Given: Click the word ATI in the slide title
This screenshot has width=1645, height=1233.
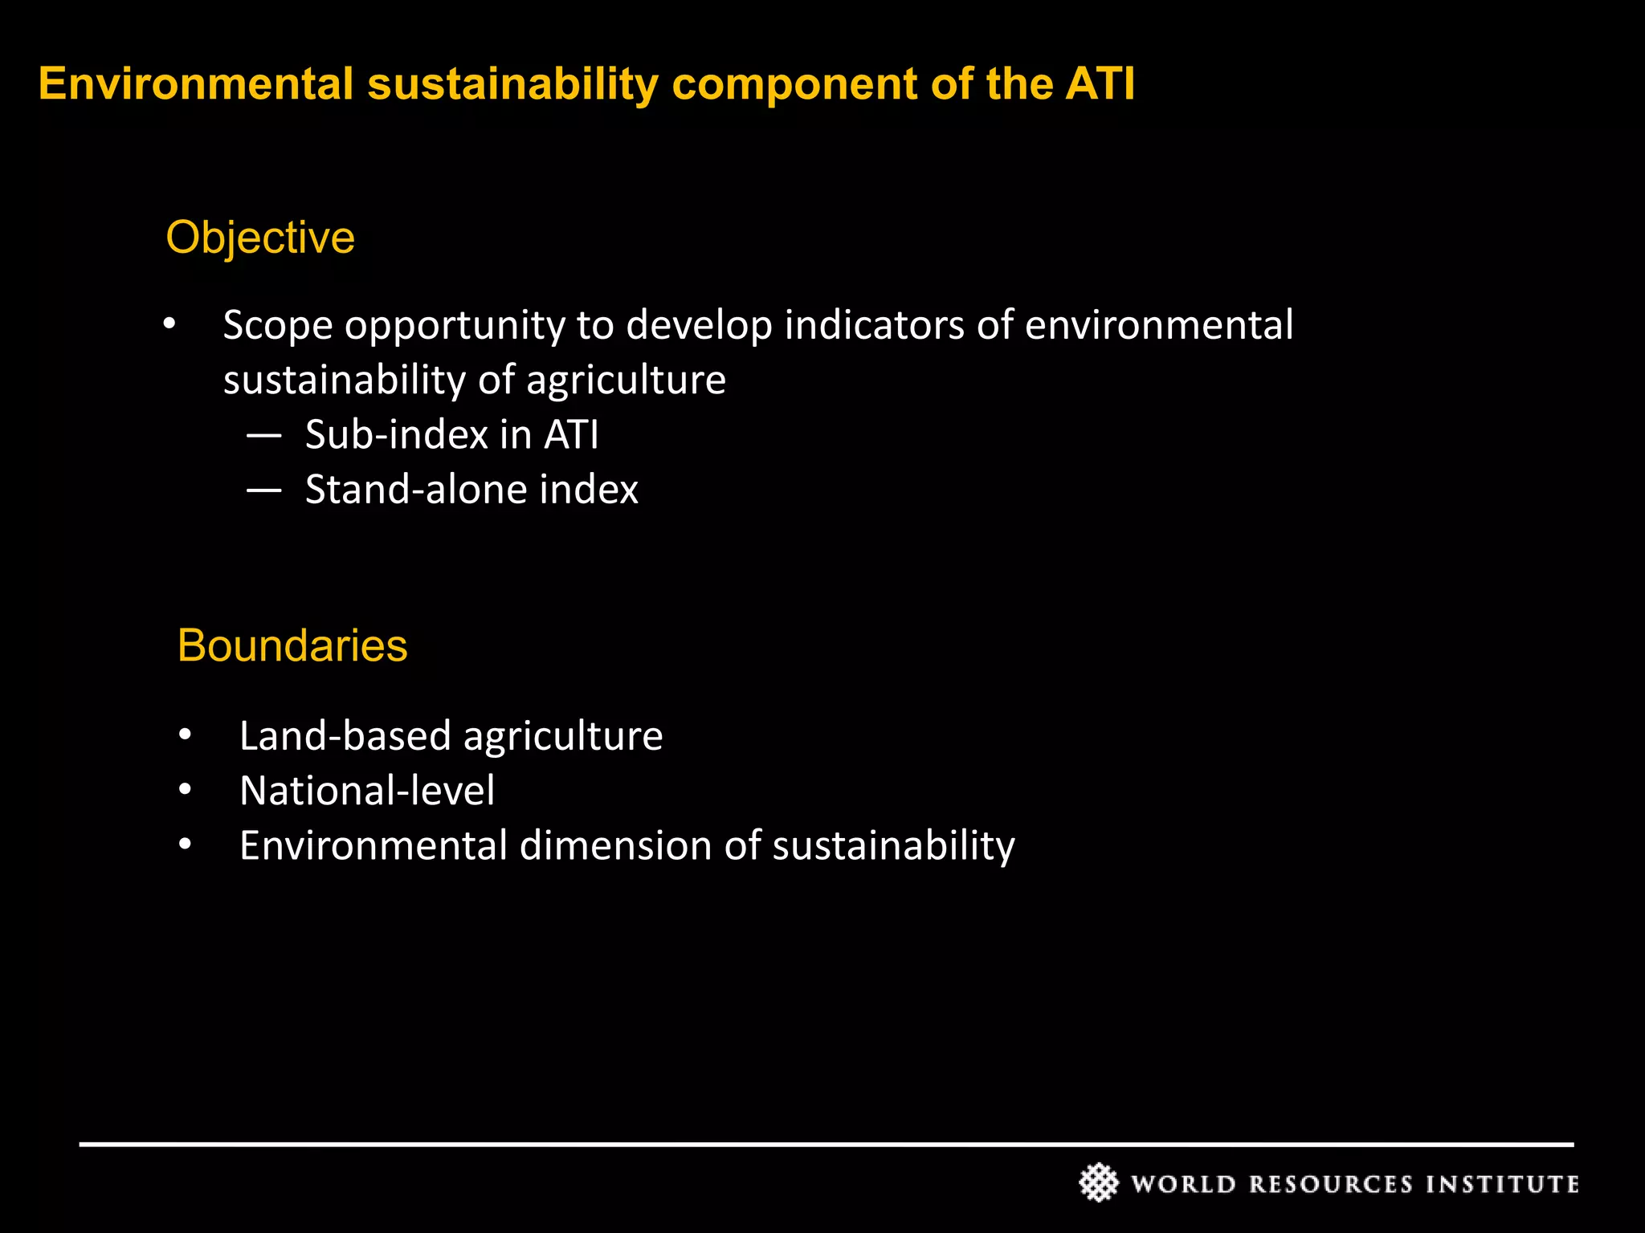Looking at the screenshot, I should click(x=1100, y=84).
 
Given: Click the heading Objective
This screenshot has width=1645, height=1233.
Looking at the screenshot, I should click(x=259, y=238).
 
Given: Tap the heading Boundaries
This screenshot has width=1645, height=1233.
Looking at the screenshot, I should click(x=292, y=645).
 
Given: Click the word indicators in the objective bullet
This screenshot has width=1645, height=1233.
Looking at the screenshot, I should click(x=873, y=326).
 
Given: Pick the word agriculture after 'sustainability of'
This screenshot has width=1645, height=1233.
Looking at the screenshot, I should click(x=626, y=380).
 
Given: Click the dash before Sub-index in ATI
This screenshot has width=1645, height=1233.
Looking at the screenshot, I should click(x=264, y=436).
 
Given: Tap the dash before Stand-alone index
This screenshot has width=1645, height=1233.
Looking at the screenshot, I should click(x=264, y=490).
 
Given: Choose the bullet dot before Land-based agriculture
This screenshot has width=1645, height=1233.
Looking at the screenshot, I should click(x=186, y=735).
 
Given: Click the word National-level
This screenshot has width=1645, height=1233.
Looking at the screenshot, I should click(x=367, y=791).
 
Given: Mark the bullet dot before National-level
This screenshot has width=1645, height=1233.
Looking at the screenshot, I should click(x=186, y=791).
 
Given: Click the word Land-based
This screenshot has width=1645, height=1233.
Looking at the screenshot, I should click(x=345, y=736).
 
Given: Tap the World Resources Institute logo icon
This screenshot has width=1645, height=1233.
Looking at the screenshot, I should click(x=1098, y=1182).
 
